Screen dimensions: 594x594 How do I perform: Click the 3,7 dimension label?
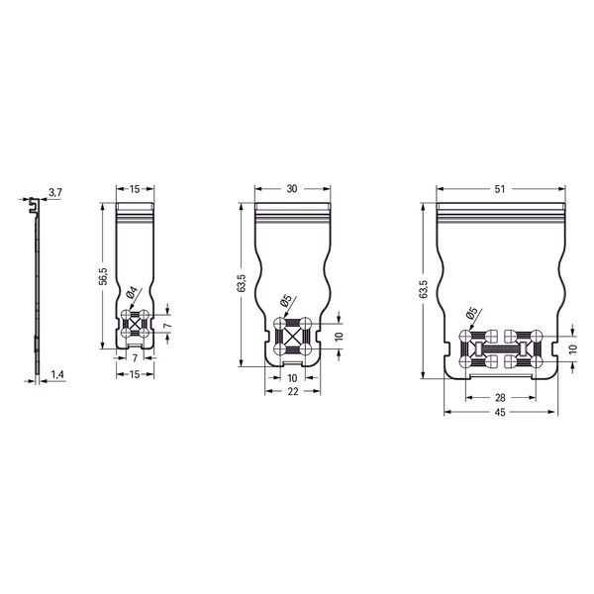coord(55,192)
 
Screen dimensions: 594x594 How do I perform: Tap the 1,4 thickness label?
coord(57,374)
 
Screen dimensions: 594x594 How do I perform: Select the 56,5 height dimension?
coord(103,275)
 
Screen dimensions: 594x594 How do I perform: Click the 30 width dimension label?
coord(292,189)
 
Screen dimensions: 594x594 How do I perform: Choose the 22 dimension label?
coord(293,391)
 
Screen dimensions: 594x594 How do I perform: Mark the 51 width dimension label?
coord(500,189)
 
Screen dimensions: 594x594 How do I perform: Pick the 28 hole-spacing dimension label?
coord(500,397)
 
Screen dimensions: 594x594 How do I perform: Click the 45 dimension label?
coord(500,412)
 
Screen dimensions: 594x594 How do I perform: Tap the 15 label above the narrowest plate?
coord(135,189)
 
